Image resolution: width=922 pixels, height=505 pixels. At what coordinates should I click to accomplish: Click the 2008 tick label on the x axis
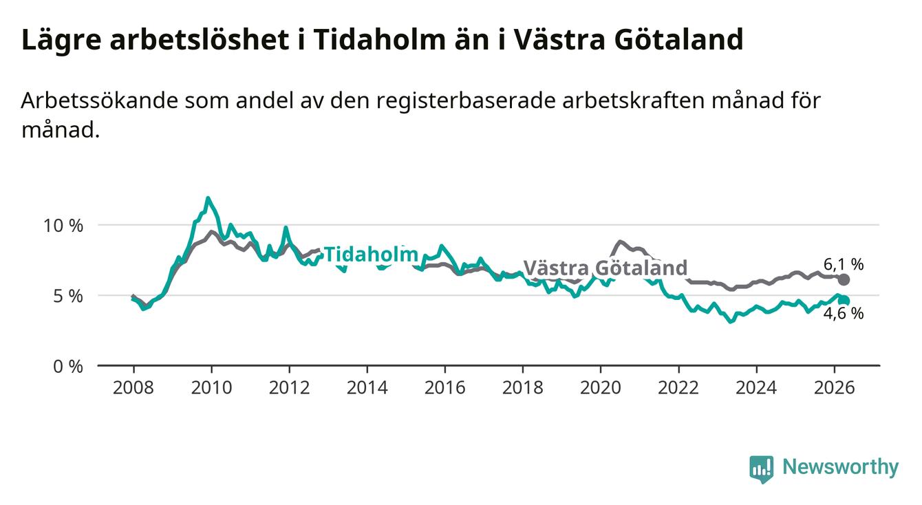133,388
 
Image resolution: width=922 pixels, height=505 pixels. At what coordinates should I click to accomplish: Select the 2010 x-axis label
211,388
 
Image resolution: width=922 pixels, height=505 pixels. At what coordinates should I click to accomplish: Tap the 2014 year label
367,388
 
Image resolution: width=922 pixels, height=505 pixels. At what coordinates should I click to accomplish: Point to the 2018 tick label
523,388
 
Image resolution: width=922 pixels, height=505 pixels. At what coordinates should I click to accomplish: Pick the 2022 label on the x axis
678,388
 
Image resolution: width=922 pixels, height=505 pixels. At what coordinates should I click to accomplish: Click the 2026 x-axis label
835,388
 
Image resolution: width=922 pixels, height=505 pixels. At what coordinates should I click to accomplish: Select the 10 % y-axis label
63,226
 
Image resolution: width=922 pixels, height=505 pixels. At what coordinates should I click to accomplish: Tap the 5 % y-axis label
68,296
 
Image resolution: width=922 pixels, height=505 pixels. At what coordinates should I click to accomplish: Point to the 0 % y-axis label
68,366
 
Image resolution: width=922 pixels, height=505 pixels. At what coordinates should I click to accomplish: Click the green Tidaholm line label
372,255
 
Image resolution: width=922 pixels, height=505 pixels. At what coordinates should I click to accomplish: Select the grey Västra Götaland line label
605,268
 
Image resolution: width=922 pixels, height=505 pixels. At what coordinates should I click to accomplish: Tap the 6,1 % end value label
844,264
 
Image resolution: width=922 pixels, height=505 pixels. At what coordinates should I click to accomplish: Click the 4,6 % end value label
844,314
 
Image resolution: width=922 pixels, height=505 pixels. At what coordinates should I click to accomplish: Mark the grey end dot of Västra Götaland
844,280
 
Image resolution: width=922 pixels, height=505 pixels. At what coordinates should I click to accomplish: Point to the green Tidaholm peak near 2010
208,198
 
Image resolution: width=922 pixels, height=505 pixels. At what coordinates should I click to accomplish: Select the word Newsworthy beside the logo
841,467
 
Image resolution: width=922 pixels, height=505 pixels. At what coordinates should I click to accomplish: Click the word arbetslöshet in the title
200,39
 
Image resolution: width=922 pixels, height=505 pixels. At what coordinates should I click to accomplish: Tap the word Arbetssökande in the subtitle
99,100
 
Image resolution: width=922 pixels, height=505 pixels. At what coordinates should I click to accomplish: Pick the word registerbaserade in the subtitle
466,101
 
